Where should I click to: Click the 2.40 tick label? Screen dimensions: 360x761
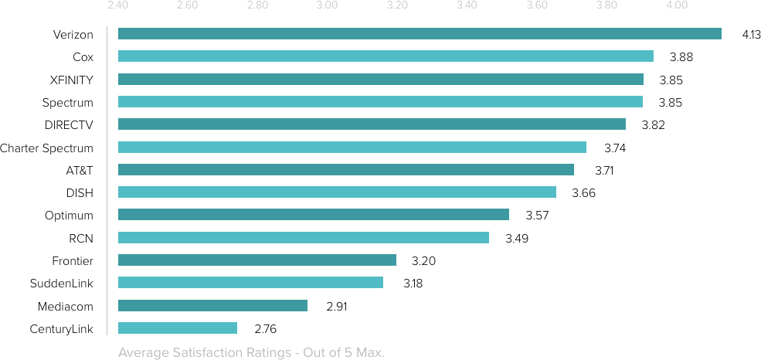pos(117,6)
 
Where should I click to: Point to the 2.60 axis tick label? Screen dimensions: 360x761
pos(187,6)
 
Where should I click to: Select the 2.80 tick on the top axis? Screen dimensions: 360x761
pos(257,6)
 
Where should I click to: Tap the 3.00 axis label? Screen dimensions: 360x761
pos(327,6)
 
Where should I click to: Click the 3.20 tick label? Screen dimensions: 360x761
pos(397,6)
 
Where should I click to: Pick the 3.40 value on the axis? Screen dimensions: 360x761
pos(467,6)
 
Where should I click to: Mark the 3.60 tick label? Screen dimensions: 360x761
pos(537,6)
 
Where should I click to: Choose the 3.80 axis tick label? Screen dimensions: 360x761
pos(607,6)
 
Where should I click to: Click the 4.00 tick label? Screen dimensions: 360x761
pos(677,6)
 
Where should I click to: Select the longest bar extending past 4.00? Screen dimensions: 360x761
pos(420,33)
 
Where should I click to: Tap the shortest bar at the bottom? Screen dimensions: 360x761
pos(178,328)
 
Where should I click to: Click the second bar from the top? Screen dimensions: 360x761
pos(386,56)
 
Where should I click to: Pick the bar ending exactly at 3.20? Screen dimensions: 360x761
pos(257,260)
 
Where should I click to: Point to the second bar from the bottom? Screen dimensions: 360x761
pos(212,305)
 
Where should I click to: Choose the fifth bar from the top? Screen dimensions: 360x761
pos(372,124)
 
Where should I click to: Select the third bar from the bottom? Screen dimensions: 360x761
pos(250,282)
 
